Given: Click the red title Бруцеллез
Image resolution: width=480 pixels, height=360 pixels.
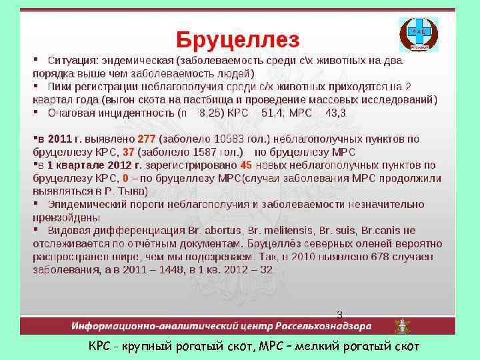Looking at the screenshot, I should (x=237, y=39).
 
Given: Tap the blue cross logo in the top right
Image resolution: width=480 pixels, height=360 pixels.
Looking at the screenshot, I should (x=419, y=35).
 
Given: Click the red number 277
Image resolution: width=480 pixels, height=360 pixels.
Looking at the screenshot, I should (x=146, y=139).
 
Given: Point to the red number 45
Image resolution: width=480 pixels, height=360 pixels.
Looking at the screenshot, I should (x=246, y=165).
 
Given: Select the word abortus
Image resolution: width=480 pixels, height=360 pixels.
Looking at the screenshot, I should (x=213, y=230).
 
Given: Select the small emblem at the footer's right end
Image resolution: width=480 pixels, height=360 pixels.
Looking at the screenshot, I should (x=401, y=327).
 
